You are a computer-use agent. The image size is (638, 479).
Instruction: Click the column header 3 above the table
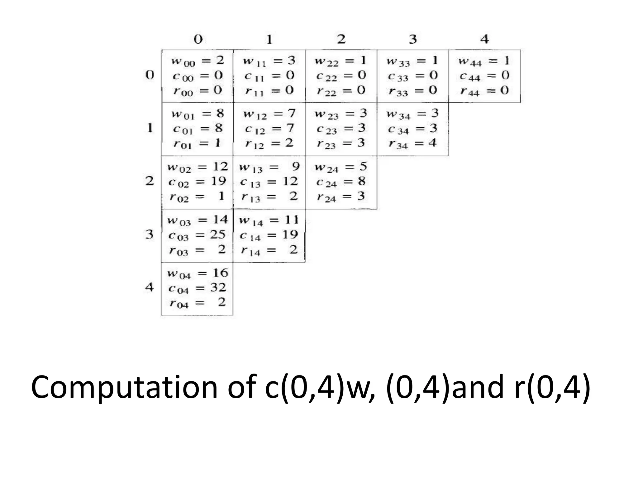click(413, 39)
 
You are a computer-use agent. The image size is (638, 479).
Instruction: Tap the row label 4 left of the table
click(150, 287)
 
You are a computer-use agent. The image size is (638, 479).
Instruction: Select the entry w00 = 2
click(198, 60)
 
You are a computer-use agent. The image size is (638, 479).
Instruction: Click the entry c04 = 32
click(197, 288)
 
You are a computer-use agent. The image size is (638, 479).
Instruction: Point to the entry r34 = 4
click(412, 143)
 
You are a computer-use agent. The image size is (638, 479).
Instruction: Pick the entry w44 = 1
click(484, 61)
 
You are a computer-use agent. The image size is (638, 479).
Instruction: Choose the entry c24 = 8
click(341, 182)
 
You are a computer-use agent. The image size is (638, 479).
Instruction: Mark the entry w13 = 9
click(269, 167)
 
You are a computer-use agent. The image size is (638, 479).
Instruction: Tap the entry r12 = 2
click(269, 143)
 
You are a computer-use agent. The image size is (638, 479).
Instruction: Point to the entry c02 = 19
click(197, 182)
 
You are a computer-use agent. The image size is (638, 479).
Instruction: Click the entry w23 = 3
click(341, 114)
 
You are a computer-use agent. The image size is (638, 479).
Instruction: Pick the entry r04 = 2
click(197, 302)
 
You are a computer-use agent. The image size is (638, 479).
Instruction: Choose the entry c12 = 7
click(269, 128)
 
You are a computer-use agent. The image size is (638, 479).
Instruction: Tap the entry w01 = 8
click(198, 114)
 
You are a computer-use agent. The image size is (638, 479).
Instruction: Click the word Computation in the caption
click(124, 388)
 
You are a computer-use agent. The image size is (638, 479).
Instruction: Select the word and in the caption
click(478, 387)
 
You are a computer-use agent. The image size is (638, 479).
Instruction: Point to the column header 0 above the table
click(198, 39)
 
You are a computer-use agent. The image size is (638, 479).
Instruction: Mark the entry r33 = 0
click(412, 91)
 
